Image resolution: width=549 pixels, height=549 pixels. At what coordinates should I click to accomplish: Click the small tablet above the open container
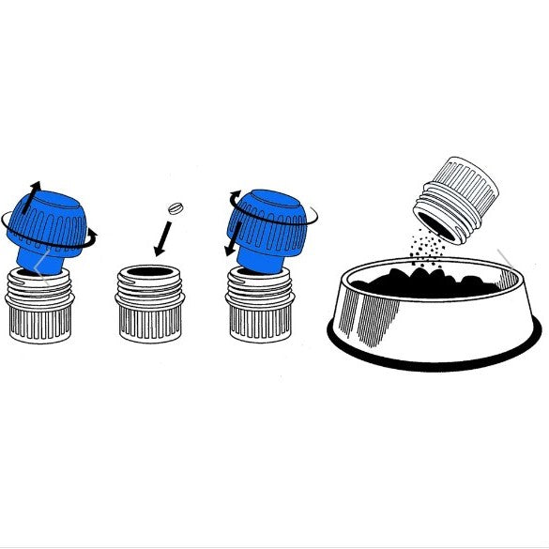(175, 207)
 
